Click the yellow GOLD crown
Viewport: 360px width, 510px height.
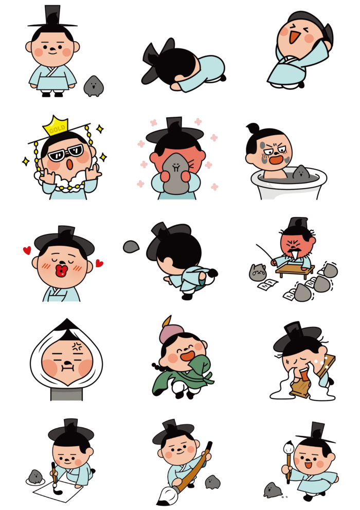(56, 126)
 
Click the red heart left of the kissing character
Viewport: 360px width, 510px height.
(27, 250)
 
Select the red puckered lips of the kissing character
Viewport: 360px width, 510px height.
(62, 270)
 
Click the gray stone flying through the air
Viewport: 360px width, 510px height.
(131, 247)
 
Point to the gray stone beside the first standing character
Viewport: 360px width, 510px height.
(94, 86)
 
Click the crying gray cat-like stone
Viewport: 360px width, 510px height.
(258, 272)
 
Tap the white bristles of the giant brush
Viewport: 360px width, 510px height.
(167, 496)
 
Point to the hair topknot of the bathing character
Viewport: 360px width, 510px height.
(253, 128)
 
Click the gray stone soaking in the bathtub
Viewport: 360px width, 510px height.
(301, 172)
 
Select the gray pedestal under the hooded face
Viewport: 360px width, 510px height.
(66, 394)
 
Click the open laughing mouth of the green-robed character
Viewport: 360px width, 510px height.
(188, 355)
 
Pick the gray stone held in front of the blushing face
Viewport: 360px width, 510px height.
(176, 174)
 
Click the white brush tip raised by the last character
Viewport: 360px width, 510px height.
(289, 448)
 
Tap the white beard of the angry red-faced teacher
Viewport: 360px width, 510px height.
(294, 254)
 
